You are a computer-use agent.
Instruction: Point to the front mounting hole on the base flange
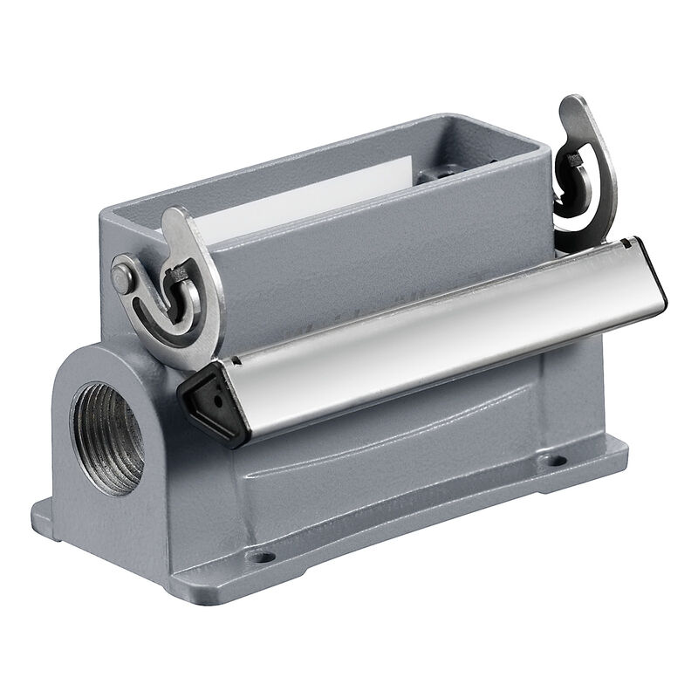(258, 554)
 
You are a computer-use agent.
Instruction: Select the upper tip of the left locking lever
(174, 217)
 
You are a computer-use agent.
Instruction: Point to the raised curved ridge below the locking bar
(393, 462)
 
